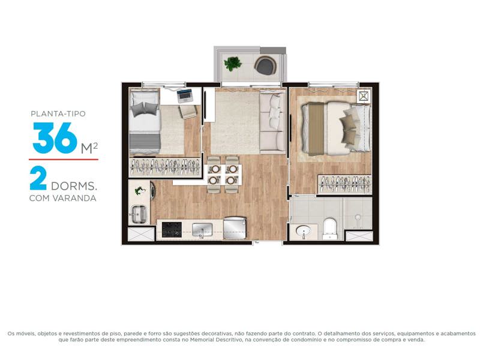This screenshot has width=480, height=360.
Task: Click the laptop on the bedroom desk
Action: pos(185,96)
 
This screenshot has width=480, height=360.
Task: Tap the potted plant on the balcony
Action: pos(233,64)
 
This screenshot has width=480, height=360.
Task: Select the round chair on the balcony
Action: pos(265,65)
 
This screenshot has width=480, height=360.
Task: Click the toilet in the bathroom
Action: pos(330,229)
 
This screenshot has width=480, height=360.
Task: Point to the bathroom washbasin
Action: pos(304,232)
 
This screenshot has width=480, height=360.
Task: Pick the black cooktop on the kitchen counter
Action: pos(172,230)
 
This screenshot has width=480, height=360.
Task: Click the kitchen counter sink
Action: pos(202,230)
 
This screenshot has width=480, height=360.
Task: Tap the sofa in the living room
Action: pos(272,122)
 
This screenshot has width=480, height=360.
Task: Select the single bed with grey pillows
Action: pos(145,122)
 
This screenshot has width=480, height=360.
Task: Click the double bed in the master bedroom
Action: pos(336,127)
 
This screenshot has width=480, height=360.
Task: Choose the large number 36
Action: pos(55,138)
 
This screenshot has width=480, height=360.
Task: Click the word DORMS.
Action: pos(74,186)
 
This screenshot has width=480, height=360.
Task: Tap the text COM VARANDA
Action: pos(63,199)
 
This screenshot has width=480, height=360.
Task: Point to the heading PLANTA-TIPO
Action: pos(58,114)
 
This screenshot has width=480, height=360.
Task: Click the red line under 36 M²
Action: pos(64,160)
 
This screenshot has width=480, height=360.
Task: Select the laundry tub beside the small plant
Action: pos(139,214)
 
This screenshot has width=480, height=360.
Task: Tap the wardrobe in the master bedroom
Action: pos(344,184)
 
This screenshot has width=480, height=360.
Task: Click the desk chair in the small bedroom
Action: pos(188,112)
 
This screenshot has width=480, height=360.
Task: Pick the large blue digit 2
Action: pos(38,178)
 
